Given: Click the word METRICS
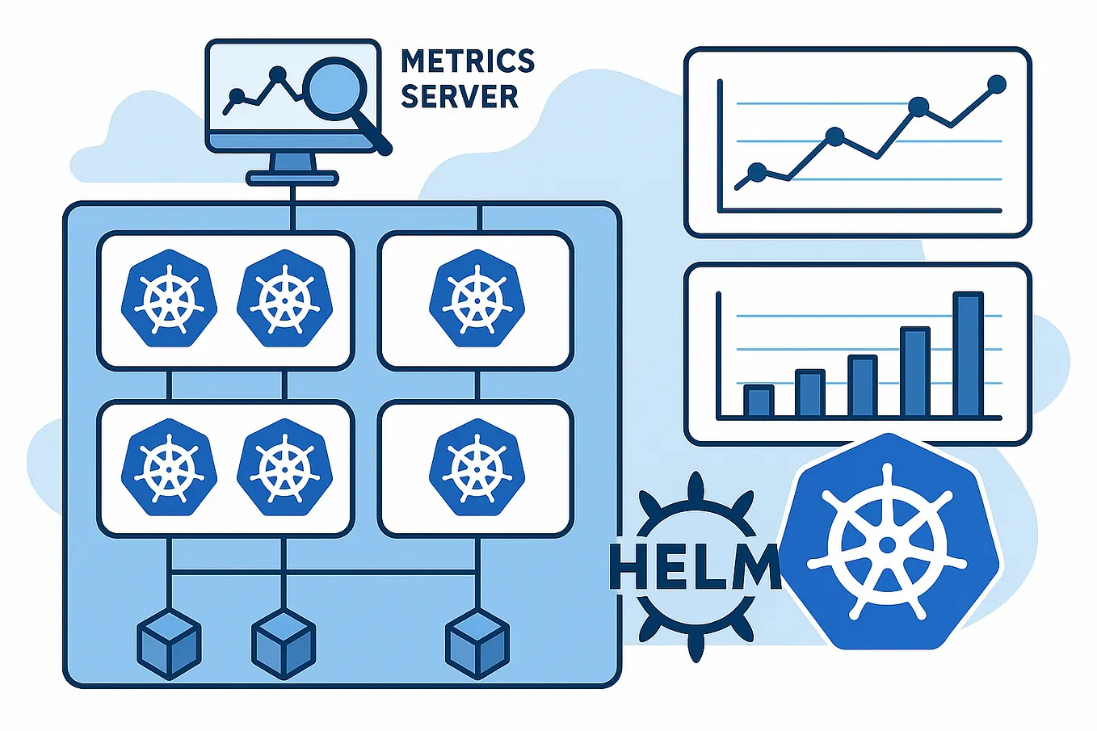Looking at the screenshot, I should point(467,61).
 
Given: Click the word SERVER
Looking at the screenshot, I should point(459,96).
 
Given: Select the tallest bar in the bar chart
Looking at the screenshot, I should point(968,354).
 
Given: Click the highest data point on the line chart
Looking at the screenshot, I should point(997,84).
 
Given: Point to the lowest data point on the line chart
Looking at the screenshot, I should point(757,171).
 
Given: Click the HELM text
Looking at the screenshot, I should point(695,565).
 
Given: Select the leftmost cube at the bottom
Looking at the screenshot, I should point(169,644).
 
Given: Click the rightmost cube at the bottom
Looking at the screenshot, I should point(477,644).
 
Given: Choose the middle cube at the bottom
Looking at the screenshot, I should point(284,644).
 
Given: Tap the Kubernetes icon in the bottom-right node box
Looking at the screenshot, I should point(476,468).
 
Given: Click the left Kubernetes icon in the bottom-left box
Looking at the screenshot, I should point(169,468).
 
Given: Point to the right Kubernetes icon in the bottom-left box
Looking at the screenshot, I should point(284,468).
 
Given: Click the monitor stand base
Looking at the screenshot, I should point(292,178).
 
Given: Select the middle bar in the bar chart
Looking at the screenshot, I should point(862,386).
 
